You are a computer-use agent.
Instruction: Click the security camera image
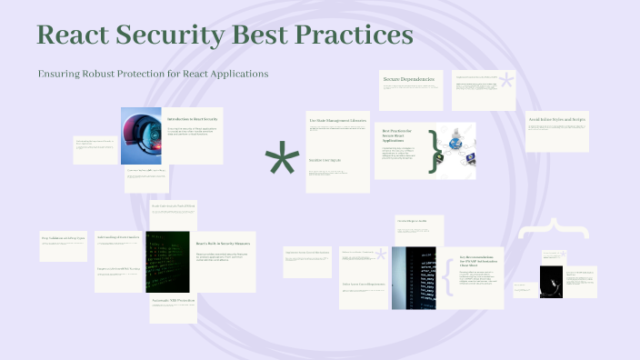point(141,135)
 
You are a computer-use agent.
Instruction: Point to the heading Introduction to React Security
point(193,119)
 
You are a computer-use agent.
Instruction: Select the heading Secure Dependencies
point(409,80)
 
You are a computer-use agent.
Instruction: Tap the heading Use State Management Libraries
point(338,120)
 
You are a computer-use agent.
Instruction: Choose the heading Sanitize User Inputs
point(325,160)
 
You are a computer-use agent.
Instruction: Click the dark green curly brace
point(435,151)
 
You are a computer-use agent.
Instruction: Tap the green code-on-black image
point(168,260)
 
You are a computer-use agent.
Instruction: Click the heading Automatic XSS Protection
point(173,299)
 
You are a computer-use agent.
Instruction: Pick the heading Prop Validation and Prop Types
point(63,237)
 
